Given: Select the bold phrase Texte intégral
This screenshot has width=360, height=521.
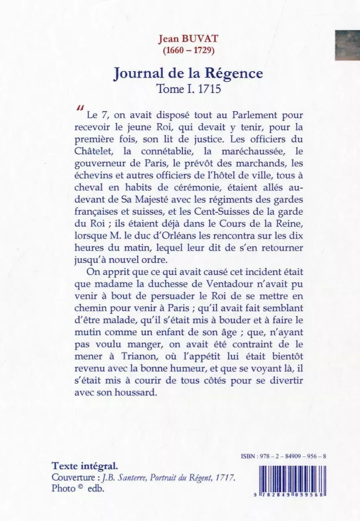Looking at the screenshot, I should pyautogui.click(x=85, y=465).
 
